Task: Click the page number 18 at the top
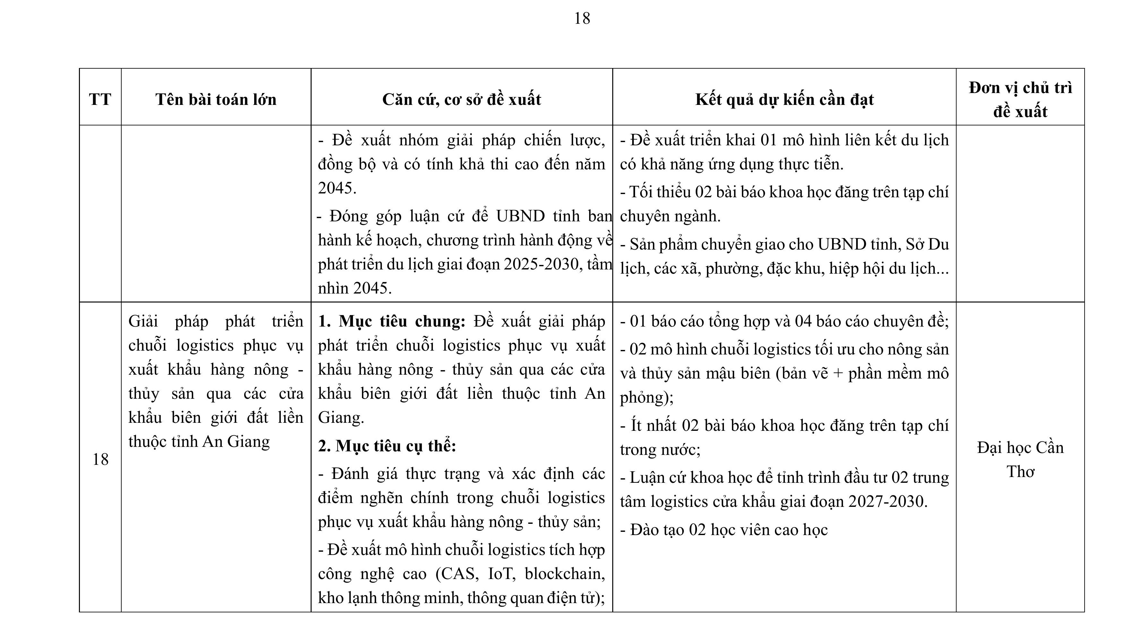(582, 18)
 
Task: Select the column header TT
(100, 100)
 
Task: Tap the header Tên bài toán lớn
(216, 100)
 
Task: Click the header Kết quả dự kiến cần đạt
(785, 100)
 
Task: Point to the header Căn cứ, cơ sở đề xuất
(461, 100)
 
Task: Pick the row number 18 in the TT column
(100, 459)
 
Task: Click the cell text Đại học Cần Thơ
(1020, 459)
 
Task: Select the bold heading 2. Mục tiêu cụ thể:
(387, 446)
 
